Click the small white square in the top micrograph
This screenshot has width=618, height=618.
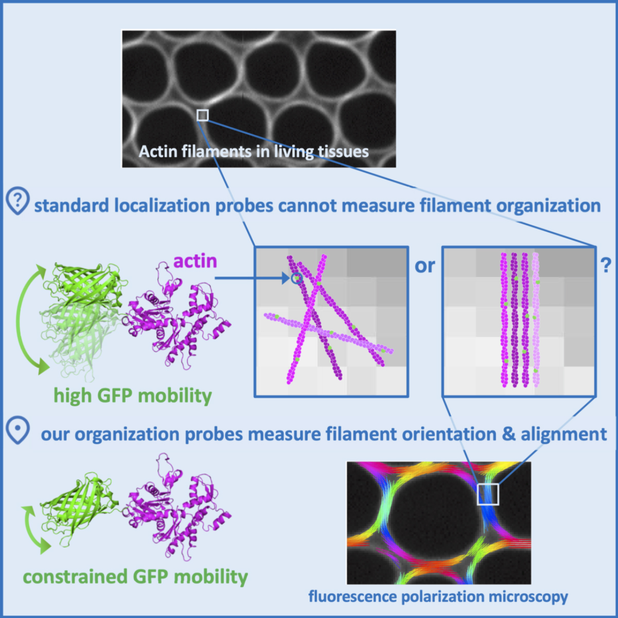coord(202,115)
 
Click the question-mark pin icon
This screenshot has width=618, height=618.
coord(17,202)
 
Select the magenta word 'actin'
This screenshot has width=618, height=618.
coord(195,261)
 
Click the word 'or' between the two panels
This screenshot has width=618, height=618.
coord(425,266)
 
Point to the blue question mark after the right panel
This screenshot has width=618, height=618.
coord(606,265)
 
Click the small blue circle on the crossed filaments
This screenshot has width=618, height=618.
coord(296,279)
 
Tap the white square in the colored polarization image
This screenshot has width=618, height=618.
coord(488,494)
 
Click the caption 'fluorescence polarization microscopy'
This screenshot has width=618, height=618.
coord(438,596)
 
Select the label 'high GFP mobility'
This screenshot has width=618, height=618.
coord(133,396)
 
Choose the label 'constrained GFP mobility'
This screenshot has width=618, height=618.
coord(135,577)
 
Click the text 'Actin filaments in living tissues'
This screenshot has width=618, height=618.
coord(254,151)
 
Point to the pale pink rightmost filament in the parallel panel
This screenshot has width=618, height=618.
coord(537,319)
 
